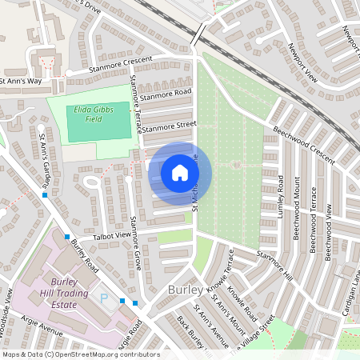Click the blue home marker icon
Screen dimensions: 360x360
tap(179, 173)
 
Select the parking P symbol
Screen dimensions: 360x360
tap(103, 298)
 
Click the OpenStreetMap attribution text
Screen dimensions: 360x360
tap(80, 354)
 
